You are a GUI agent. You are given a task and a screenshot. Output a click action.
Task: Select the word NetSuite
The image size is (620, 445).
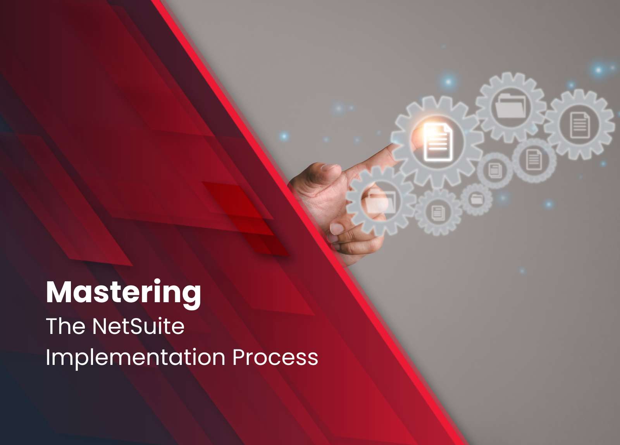(138, 326)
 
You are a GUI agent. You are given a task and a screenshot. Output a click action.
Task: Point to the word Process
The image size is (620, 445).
(275, 357)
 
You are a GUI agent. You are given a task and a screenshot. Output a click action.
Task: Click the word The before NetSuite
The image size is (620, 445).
(65, 326)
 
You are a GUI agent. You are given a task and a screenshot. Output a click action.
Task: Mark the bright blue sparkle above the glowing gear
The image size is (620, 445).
(448, 82)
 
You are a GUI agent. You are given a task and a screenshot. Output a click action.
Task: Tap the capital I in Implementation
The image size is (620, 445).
(48, 357)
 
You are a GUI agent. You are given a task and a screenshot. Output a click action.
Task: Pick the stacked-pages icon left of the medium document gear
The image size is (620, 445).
(494, 170)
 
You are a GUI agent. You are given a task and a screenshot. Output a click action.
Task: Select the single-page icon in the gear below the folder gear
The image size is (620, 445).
(534, 159)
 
